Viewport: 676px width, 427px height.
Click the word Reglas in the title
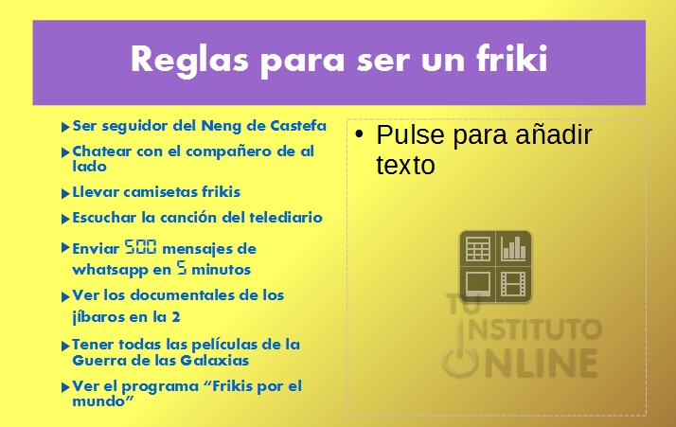(189, 62)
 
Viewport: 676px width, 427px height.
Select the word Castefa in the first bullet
(298, 126)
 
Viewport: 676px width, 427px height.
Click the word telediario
(286, 217)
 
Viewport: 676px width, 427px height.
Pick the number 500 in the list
(140, 247)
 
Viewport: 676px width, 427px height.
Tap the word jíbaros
(98, 317)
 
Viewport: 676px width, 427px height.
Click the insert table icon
(478, 249)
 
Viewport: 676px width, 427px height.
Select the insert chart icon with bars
(513, 249)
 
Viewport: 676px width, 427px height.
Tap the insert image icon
(478, 284)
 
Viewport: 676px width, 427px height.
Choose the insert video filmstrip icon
(513, 284)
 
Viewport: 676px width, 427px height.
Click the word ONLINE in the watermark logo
(521, 363)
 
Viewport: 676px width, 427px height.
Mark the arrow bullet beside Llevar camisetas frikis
(65, 193)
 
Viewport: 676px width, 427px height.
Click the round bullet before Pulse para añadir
(359, 133)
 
